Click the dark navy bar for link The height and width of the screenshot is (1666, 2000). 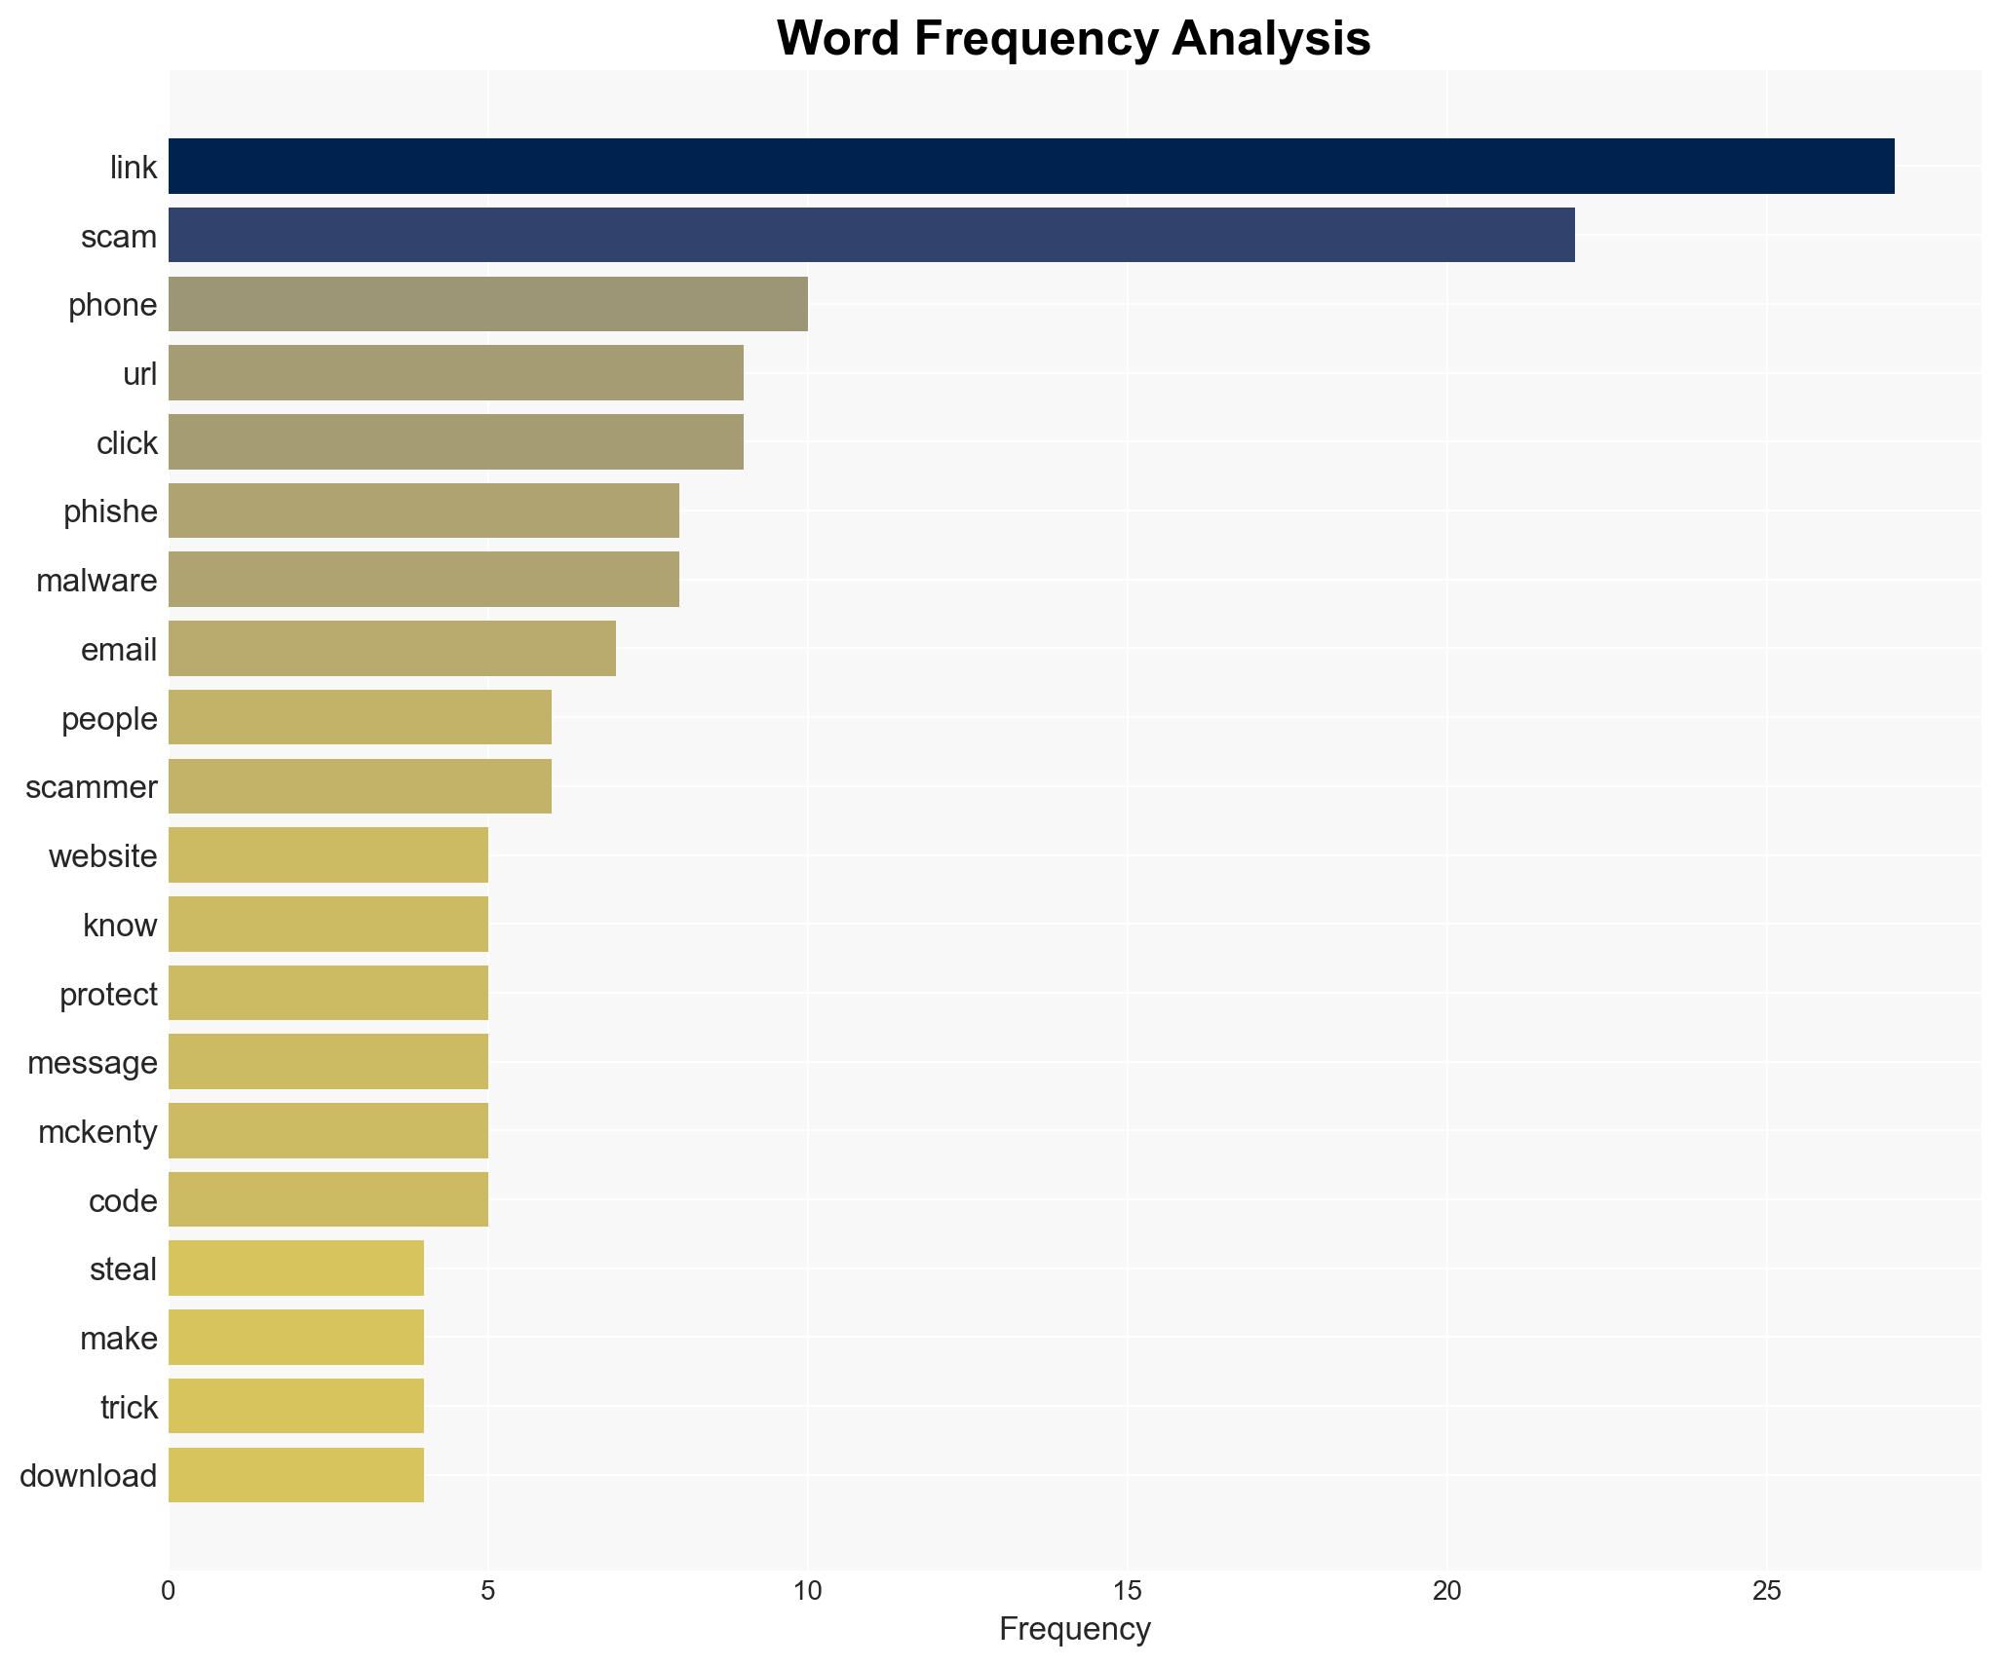(x=1031, y=167)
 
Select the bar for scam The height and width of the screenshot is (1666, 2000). (x=871, y=236)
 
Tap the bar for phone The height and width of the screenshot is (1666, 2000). (x=487, y=305)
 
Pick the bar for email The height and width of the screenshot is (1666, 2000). (x=392, y=649)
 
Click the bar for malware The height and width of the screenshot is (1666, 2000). (x=424, y=580)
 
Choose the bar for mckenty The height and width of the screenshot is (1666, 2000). (x=328, y=1131)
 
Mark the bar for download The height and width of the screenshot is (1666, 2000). (x=296, y=1475)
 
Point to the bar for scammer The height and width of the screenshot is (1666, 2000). (x=360, y=786)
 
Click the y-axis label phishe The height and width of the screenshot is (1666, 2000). (x=110, y=511)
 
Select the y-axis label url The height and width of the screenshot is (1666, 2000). (x=139, y=374)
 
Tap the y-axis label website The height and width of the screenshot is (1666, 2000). (x=102, y=856)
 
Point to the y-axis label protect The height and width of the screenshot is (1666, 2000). (x=108, y=995)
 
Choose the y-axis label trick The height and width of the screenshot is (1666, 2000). (x=129, y=1408)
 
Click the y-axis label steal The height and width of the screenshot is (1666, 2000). (x=123, y=1269)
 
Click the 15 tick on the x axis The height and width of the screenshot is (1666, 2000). (x=1127, y=1591)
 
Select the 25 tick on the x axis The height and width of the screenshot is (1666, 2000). (x=1766, y=1591)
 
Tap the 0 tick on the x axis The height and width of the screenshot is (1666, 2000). (x=169, y=1591)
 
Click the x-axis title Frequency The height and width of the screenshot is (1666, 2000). (x=1074, y=1629)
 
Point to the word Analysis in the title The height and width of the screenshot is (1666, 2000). (x=1271, y=39)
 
